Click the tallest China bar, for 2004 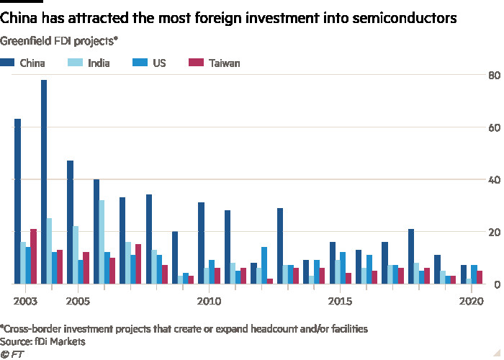(44, 180)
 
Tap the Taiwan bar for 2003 (33, 256)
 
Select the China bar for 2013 (279, 246)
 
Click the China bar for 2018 (410, 256)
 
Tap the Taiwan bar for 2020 (480, 276)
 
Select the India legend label (99, 63)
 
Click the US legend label (159, 63)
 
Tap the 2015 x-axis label (340, 299)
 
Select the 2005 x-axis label (78, 299)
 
